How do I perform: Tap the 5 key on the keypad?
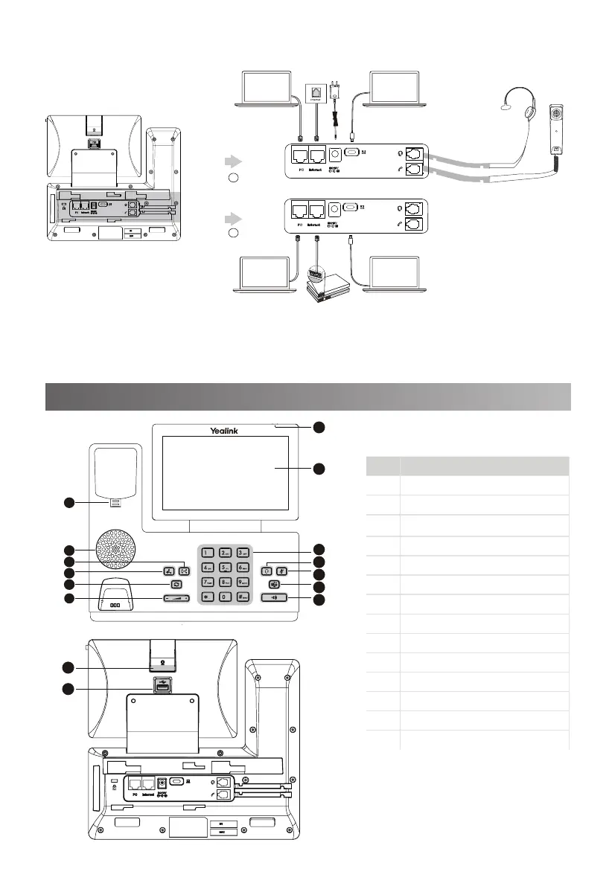(225, 568)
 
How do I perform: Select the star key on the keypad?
(205, 597)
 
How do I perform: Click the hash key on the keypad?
(243, 597)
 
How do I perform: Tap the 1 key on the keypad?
(205, 553)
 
